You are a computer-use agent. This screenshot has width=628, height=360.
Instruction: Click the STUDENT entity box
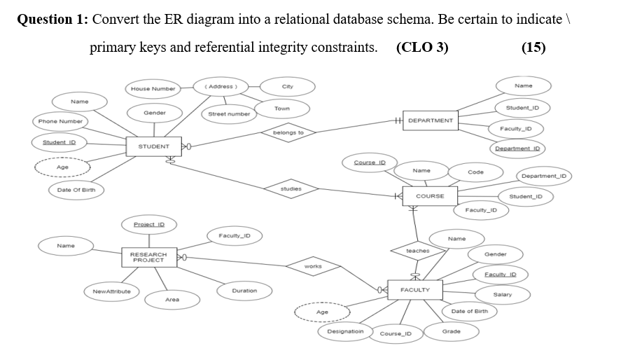[153, 146]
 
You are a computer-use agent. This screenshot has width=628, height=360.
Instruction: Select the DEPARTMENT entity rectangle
[430, 120]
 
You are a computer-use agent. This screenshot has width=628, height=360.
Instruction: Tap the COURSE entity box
[429, 196]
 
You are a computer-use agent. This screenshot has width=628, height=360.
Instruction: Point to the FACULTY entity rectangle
[415, 289]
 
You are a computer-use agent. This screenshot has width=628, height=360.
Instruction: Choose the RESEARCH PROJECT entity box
[148, 257]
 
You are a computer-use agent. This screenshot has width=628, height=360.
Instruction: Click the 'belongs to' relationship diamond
[288, 132]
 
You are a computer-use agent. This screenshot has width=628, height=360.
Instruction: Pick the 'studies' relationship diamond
[291, 188]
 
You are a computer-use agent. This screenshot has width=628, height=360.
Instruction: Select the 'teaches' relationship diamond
[417, 250]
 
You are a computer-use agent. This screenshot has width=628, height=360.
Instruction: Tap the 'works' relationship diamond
[313, 266]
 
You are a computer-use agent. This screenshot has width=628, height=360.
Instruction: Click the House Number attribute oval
[153, 89]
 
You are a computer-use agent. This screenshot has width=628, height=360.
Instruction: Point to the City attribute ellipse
[287, 86]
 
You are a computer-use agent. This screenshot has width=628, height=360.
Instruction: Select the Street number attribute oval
[229, 113]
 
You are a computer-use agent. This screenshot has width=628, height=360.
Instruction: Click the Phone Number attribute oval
[60, 121]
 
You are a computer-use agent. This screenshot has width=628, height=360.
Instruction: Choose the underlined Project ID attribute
[148, 224]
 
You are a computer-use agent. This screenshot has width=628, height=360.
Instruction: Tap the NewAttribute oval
[111, 291]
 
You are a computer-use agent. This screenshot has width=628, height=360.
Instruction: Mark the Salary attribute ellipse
[502, 294]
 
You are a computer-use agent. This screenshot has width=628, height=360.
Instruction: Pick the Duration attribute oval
[244, 290]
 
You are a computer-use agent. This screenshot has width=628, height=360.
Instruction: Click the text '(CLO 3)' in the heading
[422, 48]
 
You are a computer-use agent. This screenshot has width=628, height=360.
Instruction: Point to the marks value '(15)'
[533, 48]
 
